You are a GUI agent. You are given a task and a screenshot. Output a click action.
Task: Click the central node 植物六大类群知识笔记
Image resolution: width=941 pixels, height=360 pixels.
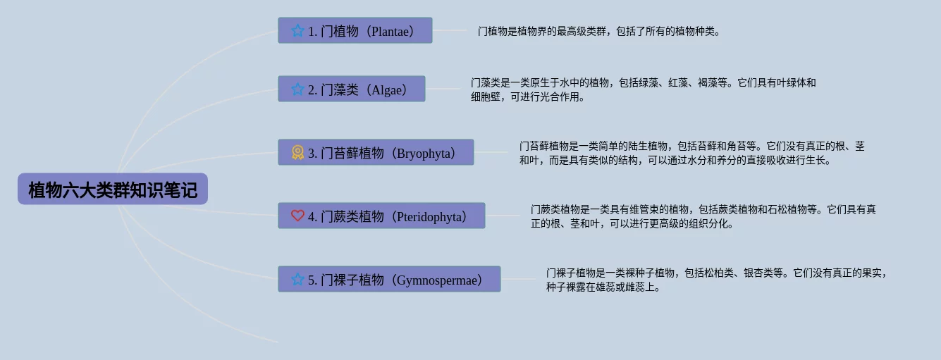pos(113,189)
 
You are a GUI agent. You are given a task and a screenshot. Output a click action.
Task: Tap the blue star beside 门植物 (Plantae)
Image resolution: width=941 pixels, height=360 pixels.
pos(297,31)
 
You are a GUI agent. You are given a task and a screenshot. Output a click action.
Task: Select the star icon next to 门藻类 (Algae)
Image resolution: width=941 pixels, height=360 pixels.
pos(297,89)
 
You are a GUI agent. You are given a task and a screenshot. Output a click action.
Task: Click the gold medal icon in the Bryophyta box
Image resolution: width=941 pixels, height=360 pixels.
pos(297,152)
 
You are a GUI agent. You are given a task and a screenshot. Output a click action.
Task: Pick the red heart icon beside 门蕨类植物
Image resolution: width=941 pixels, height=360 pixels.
pos(297,216)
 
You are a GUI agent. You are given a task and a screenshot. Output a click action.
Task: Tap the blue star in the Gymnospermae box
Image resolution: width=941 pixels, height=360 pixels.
pos(297,279)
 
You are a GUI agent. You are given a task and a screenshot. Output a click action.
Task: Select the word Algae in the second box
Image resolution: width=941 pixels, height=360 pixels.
pos(386,90)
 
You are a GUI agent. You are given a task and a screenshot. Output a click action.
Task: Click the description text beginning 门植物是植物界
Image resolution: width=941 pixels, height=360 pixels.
pos(598,31)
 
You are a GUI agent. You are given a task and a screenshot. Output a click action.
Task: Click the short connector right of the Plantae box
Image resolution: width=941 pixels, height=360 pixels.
pos(449,30)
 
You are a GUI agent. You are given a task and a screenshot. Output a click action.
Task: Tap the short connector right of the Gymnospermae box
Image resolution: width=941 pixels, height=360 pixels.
pos(518,279)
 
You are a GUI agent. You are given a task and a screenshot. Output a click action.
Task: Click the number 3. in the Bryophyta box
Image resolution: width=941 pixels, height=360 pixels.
pos(312,154)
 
